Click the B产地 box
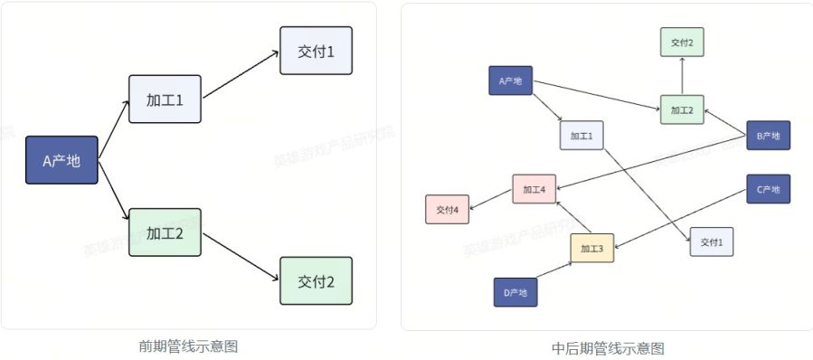tap(768, 136)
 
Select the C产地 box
tap(768, 189)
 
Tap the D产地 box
tap(515, 292)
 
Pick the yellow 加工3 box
tap(592, 248)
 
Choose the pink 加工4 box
tap(534, 189)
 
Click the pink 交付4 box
tap(448, 209)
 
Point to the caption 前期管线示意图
tap(188, 346)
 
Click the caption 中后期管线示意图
tap(608, 347)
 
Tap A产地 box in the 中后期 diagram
tap(510, 81)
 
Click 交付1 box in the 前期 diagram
tap(316, 51)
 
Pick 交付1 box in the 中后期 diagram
tap(712, 242)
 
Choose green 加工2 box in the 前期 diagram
tap(165, 232)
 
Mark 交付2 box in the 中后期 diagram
tap(682, 43)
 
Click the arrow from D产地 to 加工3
tap(554, 270)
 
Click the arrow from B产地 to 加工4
tap(651, 163)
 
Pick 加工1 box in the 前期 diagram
tap(165, 99)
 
